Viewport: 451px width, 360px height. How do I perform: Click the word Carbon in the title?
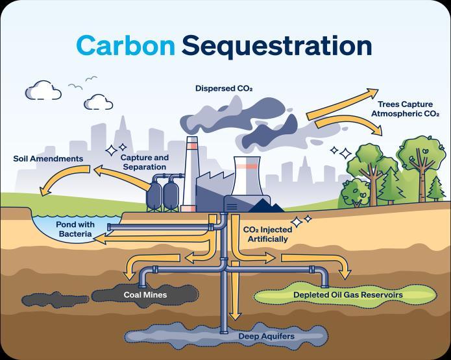point(125,45)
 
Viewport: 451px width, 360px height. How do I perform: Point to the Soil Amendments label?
point(48,159)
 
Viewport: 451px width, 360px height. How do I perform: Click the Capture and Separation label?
point(145,162)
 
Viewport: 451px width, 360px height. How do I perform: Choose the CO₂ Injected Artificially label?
point(265,234)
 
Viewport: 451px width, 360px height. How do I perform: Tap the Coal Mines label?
point(145,295)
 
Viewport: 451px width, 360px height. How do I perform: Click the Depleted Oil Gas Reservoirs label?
point(348,295)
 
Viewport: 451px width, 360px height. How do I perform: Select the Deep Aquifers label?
point(266,337)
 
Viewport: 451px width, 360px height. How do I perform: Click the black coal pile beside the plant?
point(269,206)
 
